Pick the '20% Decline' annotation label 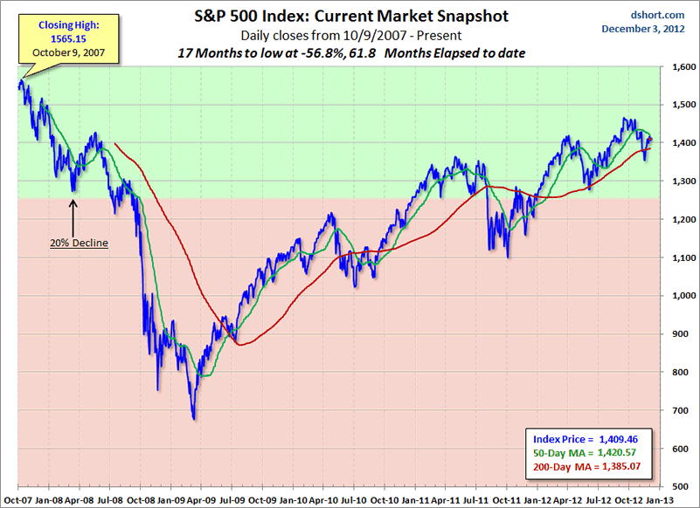pos(79,243)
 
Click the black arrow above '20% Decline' pos(73,215)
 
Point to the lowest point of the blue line pos(194,419)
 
